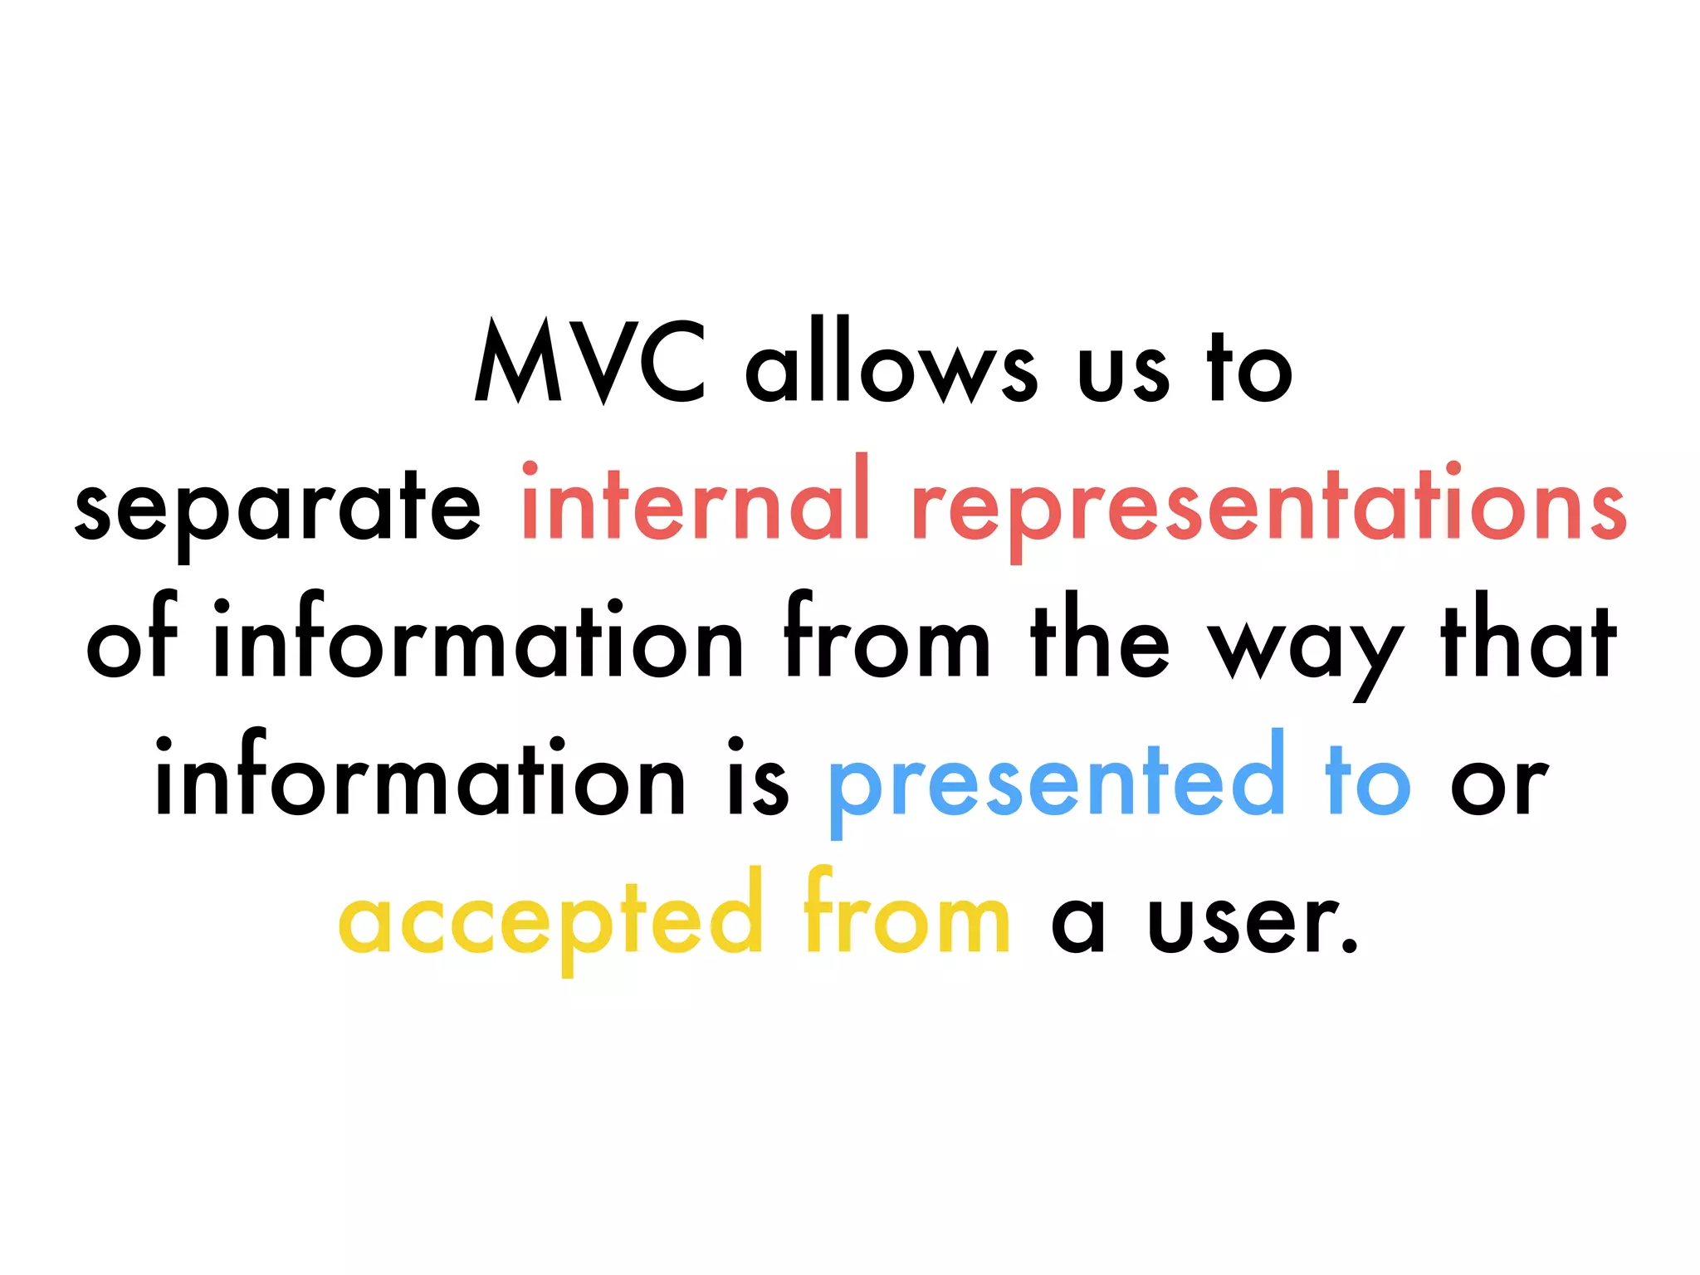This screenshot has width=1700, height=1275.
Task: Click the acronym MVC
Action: coord(590,362)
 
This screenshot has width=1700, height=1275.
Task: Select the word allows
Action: coord(891,362)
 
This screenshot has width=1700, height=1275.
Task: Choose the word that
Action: coord(1528,639)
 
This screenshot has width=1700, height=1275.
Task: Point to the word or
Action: coord(1499,785)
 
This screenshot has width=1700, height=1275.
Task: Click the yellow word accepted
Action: coord(550,916)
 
